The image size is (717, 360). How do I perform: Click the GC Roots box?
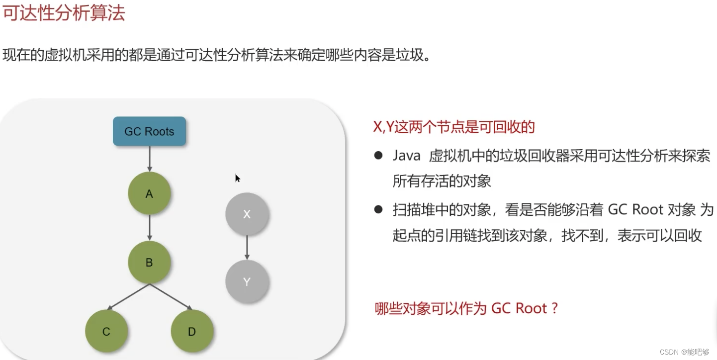pos(149,131)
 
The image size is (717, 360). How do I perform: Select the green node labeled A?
pos(149,194)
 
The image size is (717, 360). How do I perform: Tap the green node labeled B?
pos(149,263)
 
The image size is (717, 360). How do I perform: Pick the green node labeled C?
pos(106,332)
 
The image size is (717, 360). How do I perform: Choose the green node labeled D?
pos(192,332)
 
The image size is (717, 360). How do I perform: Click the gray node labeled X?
pos(247,214)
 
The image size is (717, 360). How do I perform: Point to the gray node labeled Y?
pos(247,282)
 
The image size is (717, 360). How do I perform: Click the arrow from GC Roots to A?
pos(149,159)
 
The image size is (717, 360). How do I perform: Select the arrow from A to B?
pos(149,228)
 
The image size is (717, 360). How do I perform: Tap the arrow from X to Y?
pos(247,248)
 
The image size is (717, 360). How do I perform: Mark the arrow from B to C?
pos(128,297)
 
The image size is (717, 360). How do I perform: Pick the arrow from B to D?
pos(171,297)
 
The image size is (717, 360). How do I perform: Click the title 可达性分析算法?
pos(63,13)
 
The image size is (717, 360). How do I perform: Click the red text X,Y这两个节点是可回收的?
pos(453,127)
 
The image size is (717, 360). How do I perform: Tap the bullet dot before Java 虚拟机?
pos(378,156)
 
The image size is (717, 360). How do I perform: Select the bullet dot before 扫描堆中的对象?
pos(378,209)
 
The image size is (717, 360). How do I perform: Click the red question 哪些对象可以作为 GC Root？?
pos(466,308)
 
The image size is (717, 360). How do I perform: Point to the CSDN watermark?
pos(684,352)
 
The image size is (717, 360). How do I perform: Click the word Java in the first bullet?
pos(406,156)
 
